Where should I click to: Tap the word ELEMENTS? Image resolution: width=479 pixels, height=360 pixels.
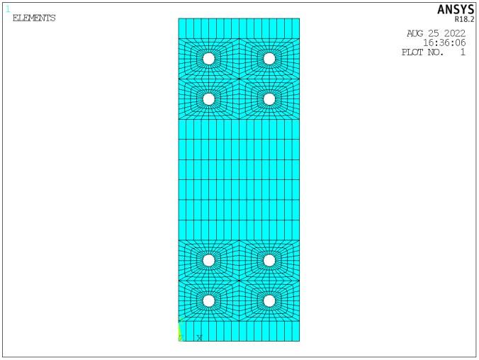click(x=34, y=18)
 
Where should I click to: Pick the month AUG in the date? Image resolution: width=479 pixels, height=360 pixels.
click(x=417, y=33)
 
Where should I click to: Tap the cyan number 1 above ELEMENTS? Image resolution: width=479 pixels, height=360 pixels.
click(x=9, y=9)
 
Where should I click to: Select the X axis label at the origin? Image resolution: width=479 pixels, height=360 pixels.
click(x=199, y=337)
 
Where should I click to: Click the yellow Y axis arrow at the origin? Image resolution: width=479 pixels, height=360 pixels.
click(x=180, y=330)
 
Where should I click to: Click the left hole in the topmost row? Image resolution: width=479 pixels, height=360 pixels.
click(x=208, y=58)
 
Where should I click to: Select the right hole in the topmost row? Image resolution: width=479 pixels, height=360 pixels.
click(x=269, y=58)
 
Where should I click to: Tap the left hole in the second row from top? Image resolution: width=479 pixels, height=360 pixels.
click(x=208, y=99)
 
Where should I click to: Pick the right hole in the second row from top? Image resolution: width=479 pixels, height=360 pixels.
click(x=269, y=99)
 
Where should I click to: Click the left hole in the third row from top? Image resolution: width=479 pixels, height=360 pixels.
click(x=208, y=260)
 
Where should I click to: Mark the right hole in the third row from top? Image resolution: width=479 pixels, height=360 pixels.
click(x=269, y=260)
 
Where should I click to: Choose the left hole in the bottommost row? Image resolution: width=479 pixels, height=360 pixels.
click(x=208, y=300)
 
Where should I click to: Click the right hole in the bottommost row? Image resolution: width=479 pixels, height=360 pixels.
click(x=269, y=300)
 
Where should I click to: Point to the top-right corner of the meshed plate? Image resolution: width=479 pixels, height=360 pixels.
click(x=299, y=18)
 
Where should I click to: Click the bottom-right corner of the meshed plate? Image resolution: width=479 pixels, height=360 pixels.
click(x=299, y=341)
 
